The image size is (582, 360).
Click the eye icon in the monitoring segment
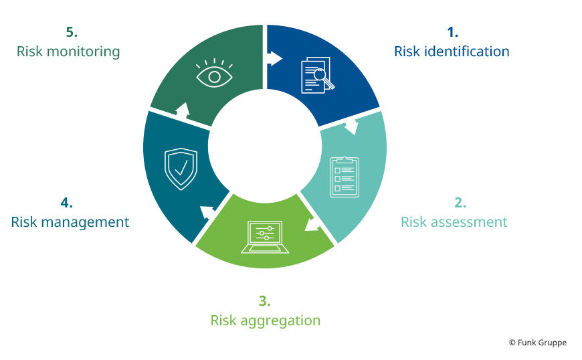pos(214,73)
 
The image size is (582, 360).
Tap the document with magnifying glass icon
pos(317,75)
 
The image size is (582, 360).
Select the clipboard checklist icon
pos(345,177)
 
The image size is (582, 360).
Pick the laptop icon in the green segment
pos(265,238)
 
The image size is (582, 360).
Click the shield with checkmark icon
pos(181,169)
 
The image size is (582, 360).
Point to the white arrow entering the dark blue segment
pos(275,58)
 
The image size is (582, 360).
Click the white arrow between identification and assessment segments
pos(351,126)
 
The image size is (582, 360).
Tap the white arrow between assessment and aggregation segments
pos(312,225)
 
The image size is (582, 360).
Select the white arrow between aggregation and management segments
pos(207,213)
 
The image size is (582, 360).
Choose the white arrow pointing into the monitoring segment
pos(183,110)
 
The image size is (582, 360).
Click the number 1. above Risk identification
pos(452,32)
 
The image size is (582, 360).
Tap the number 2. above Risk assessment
pos(460,203)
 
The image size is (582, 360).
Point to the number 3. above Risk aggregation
pos(264,300)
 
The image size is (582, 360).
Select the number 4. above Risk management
pos(66,203)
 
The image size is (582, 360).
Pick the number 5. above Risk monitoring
pos(72,32)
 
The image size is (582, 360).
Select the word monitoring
pos(84,52)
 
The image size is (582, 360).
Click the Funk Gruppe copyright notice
pos(538,343)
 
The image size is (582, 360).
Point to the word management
pos(85,223)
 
